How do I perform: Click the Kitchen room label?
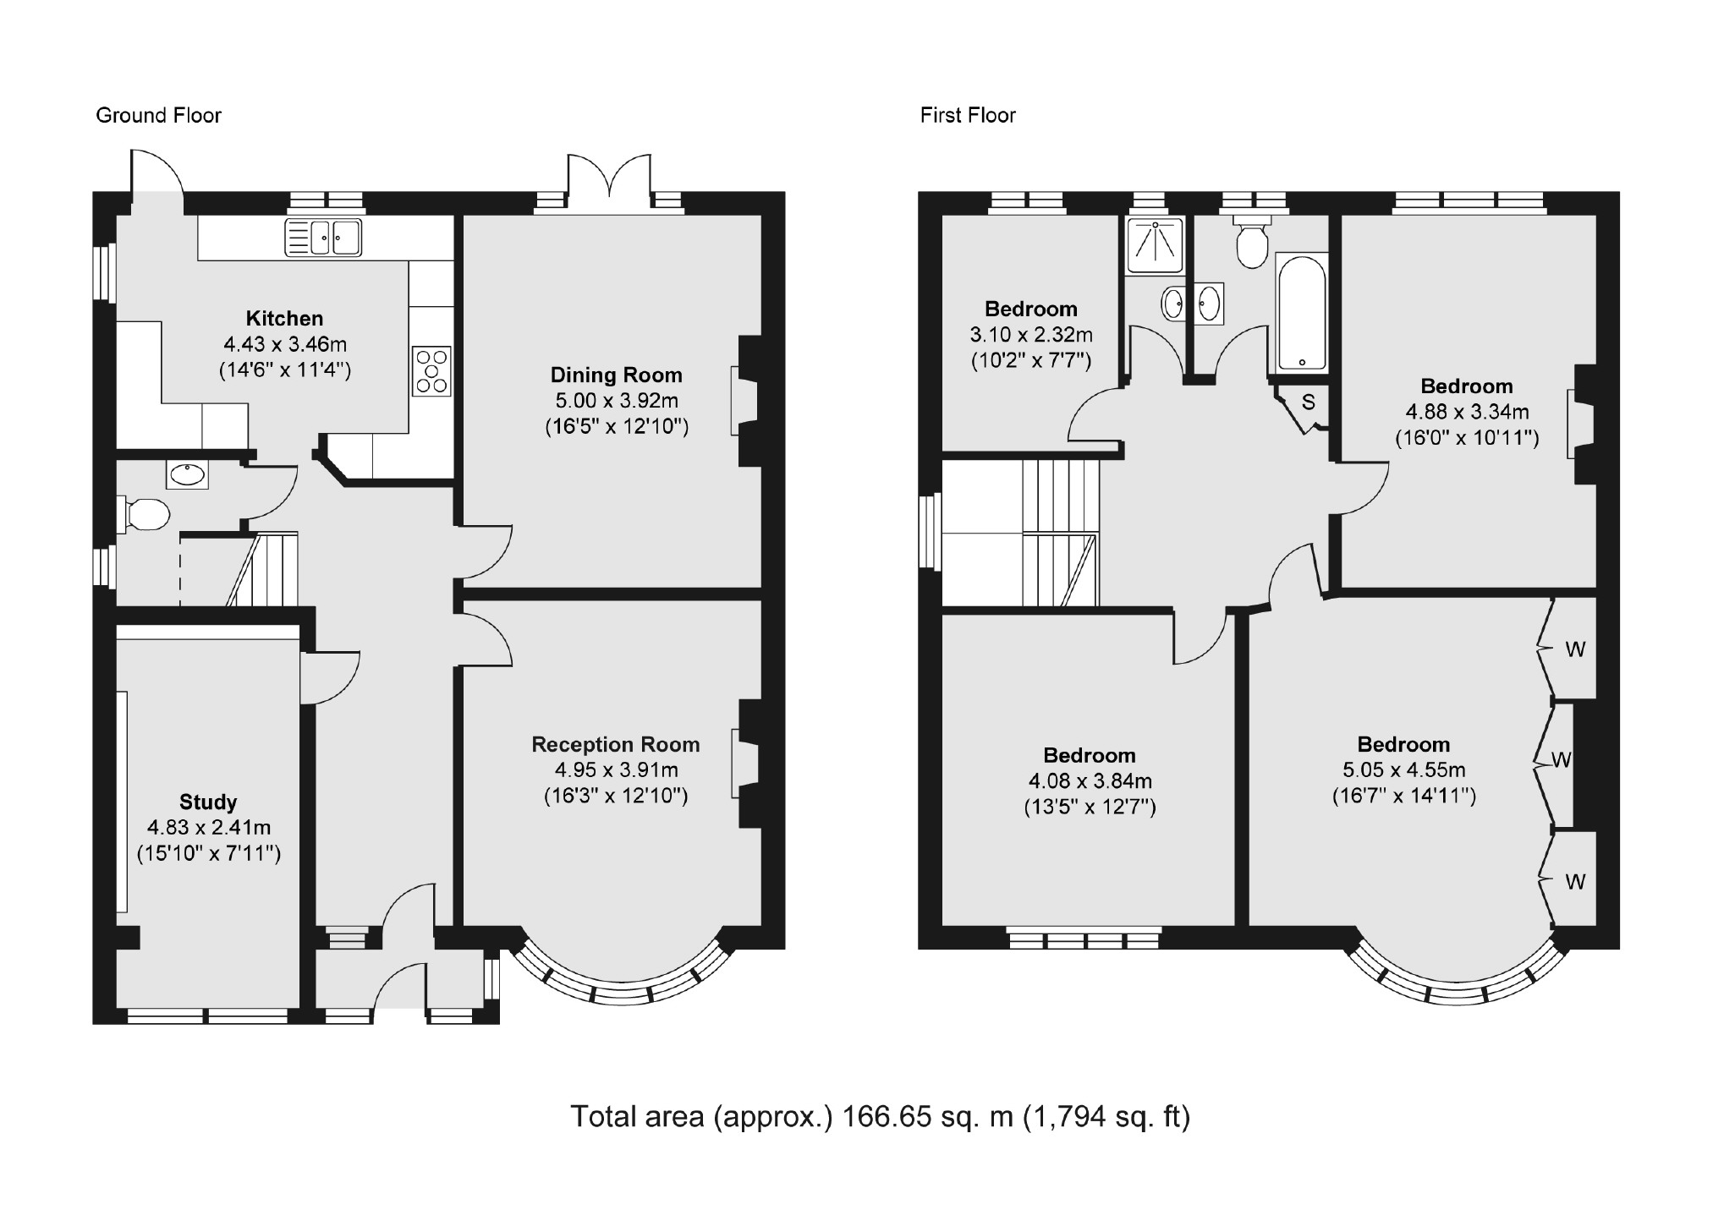pos(284,319)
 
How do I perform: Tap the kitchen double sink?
pos(323,237)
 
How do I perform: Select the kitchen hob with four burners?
pos(431,370)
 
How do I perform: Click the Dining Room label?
pos(616,375)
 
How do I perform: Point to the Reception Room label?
pos(616,744)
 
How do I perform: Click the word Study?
pos(208,802)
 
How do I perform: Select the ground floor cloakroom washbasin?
pos(188,474)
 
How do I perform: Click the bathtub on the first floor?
pos(1301,312)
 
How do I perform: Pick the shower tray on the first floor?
pos(1155,244)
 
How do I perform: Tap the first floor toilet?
pos(1251,239)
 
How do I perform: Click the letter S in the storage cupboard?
pos(1309,402)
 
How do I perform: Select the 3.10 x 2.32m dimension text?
pos(1031,335)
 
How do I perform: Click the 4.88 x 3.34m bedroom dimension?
pos(1467,412)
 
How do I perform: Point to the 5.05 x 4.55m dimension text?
pos(1404,770)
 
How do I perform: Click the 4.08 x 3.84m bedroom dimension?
pos(1090,781)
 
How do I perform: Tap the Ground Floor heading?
pos(158,115)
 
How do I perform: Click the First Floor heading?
pos(968,115)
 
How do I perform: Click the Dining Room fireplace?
pos(745,401)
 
